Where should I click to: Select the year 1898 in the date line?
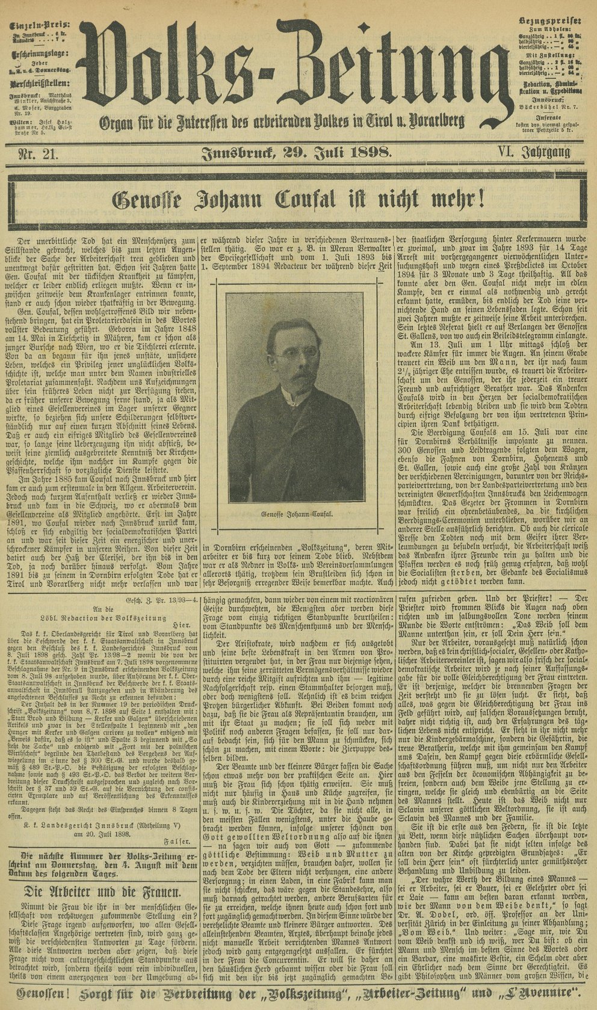362,153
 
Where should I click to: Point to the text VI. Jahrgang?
534,153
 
